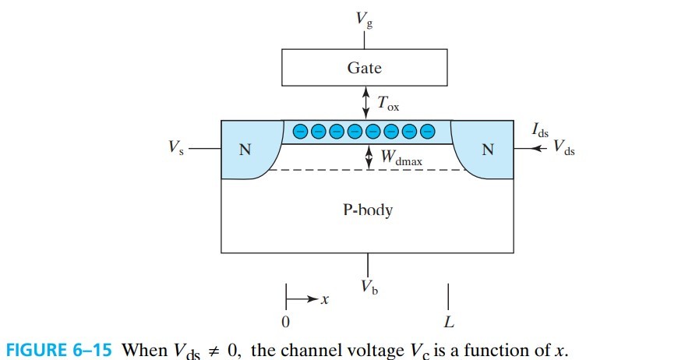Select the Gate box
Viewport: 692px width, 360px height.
(364, 69)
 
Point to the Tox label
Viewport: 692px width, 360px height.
(387, 103)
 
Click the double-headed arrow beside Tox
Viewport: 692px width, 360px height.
(365, 102)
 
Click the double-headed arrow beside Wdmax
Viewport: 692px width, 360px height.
(369, 157)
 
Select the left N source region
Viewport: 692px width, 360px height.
(245, 150)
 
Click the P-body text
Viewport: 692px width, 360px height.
(367, 211)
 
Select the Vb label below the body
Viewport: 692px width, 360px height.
(369, 286)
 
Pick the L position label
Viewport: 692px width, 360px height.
(449, 322)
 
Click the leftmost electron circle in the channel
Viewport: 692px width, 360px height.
(301, 132)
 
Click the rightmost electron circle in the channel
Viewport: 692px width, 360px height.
(425, 132)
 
